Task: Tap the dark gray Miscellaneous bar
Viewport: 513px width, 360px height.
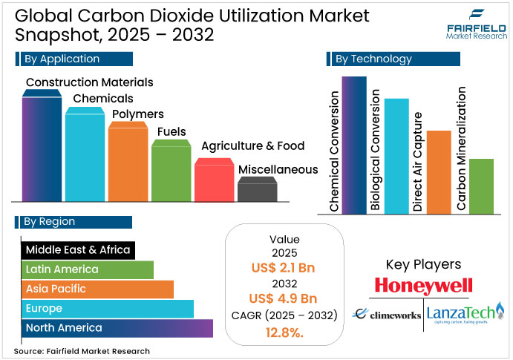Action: point(258,190)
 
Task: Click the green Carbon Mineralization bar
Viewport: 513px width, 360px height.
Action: point(481,186)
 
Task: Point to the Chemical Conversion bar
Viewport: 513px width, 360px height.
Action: point(354,145)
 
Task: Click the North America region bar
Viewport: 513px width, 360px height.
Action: point(117,328)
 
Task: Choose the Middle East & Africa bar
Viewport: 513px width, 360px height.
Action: point(78,250)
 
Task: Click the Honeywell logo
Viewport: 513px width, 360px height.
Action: point(423,286)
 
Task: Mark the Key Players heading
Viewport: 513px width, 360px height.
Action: point(423,264)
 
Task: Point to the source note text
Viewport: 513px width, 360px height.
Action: point(82,351)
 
